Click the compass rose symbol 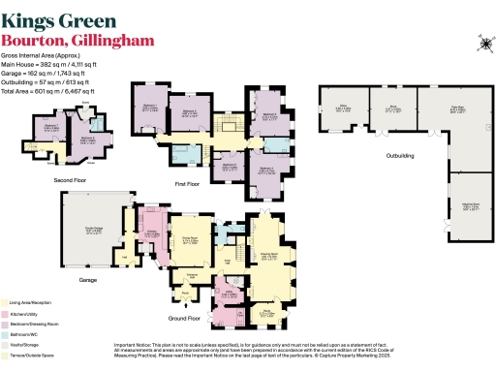pyautogui.click(x=480, y=41)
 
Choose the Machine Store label pyautogui.click(x=470, y=207)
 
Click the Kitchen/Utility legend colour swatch pyautogui.click(x=7, y=315)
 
